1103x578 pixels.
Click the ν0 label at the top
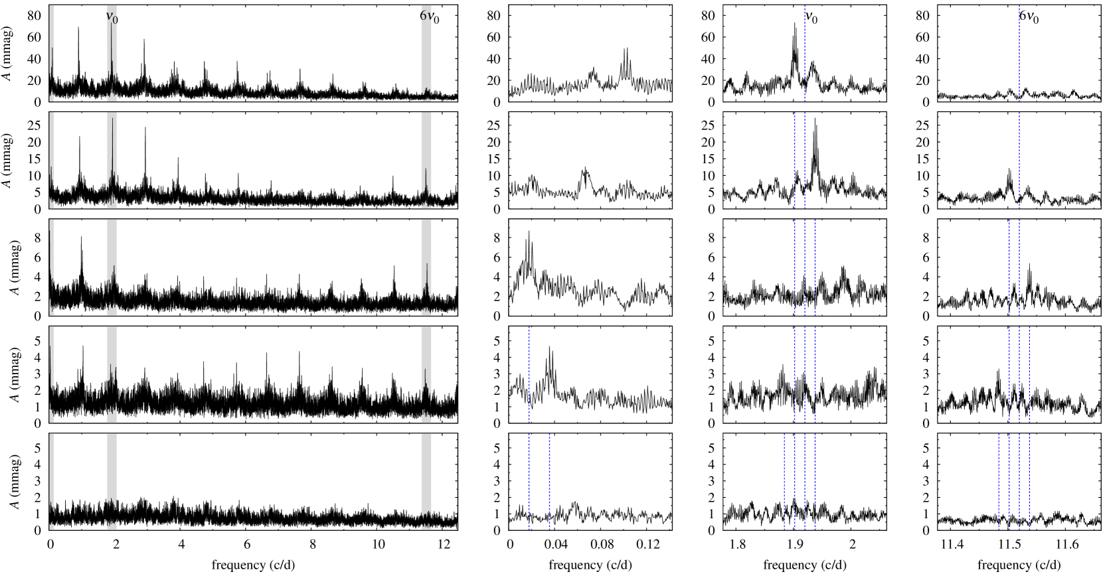coord(112,17)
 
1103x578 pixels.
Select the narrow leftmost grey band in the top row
coord(52,53)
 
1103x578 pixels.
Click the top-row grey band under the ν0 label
coord(112,53)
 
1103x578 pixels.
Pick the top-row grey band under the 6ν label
coord(426,53)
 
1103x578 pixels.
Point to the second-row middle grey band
coord(112,160)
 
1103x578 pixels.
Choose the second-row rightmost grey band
coord(426,160)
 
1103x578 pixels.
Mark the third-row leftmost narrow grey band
coord(52,267)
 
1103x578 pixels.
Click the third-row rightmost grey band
coord(426,267)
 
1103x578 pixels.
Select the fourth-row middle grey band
coord(112,374)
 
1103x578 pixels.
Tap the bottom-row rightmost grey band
coord(426,481)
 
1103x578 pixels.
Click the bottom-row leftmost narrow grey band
coord(52,481)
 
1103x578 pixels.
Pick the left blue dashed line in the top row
coord(805,53)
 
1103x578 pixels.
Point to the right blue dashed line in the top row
coord(1019,53)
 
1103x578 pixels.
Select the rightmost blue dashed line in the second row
coord(1019,160)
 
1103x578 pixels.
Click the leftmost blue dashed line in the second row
coord(794,160)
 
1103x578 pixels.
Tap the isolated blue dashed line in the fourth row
coord(529,374)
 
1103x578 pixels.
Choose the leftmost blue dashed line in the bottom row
coord(529,481)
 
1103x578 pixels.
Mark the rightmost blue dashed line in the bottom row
coord(1029,481)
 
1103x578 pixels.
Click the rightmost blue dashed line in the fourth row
coord(1029,374)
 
